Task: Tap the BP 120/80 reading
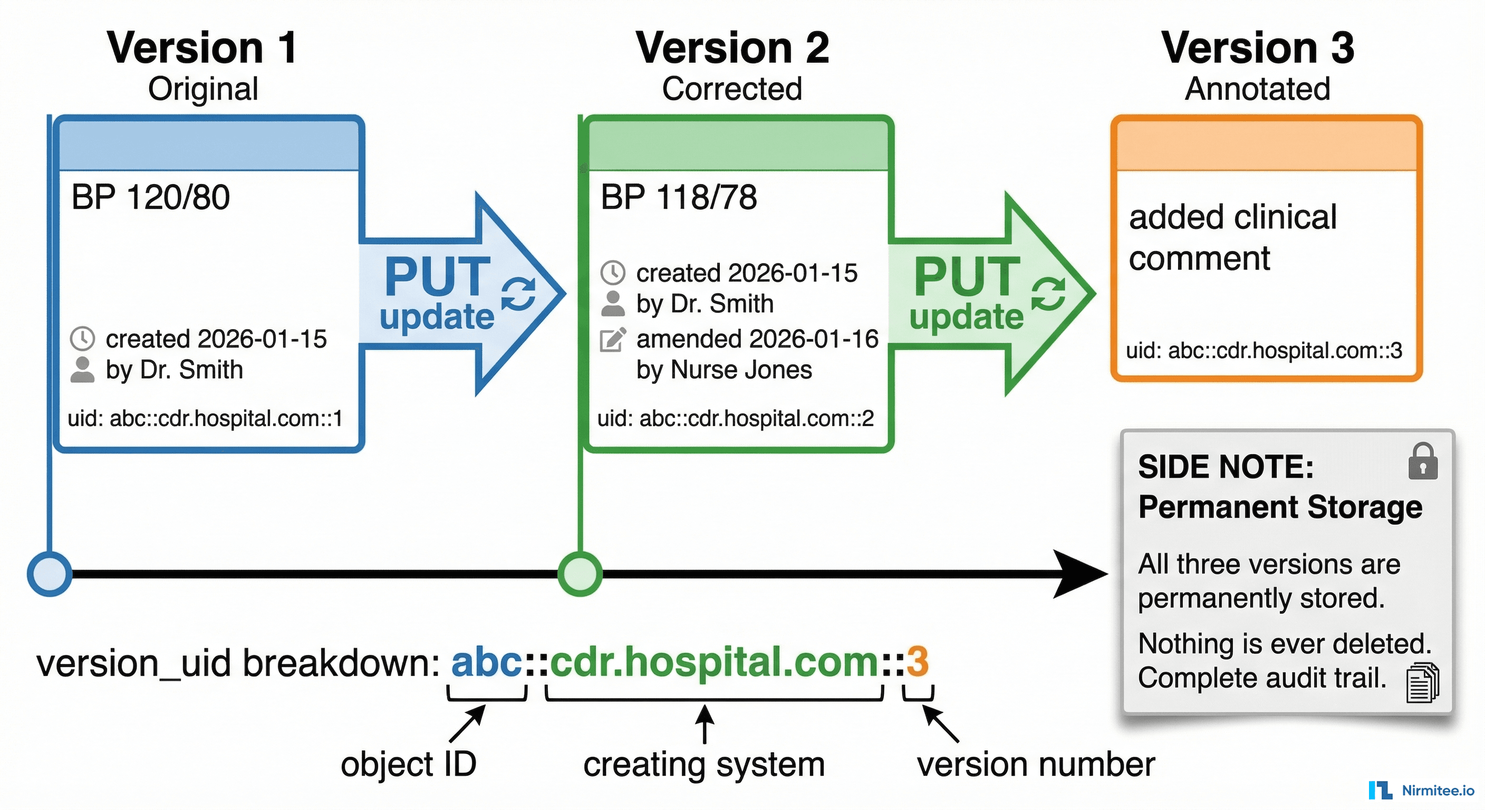[x=150, y=197]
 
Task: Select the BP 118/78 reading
[x=679, y=197]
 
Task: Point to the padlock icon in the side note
[x=1422, y=462]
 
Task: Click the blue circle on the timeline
[x=50, y=574]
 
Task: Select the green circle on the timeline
[x=580, y=574]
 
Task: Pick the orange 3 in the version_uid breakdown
[x=917, y=662]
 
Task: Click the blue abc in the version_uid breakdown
[x=487, y=662]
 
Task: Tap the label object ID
[x=408, y=765]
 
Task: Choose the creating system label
[x=704, y=765]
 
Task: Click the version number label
[x=1036, y=765]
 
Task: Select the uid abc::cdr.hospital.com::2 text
[x=736, y=418]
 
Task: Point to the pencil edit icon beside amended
[x=613, y=339]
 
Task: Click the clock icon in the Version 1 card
[x=82, y=339]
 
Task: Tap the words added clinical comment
[x=1232, y=237]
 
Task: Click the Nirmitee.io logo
[x=1422, y=790]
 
